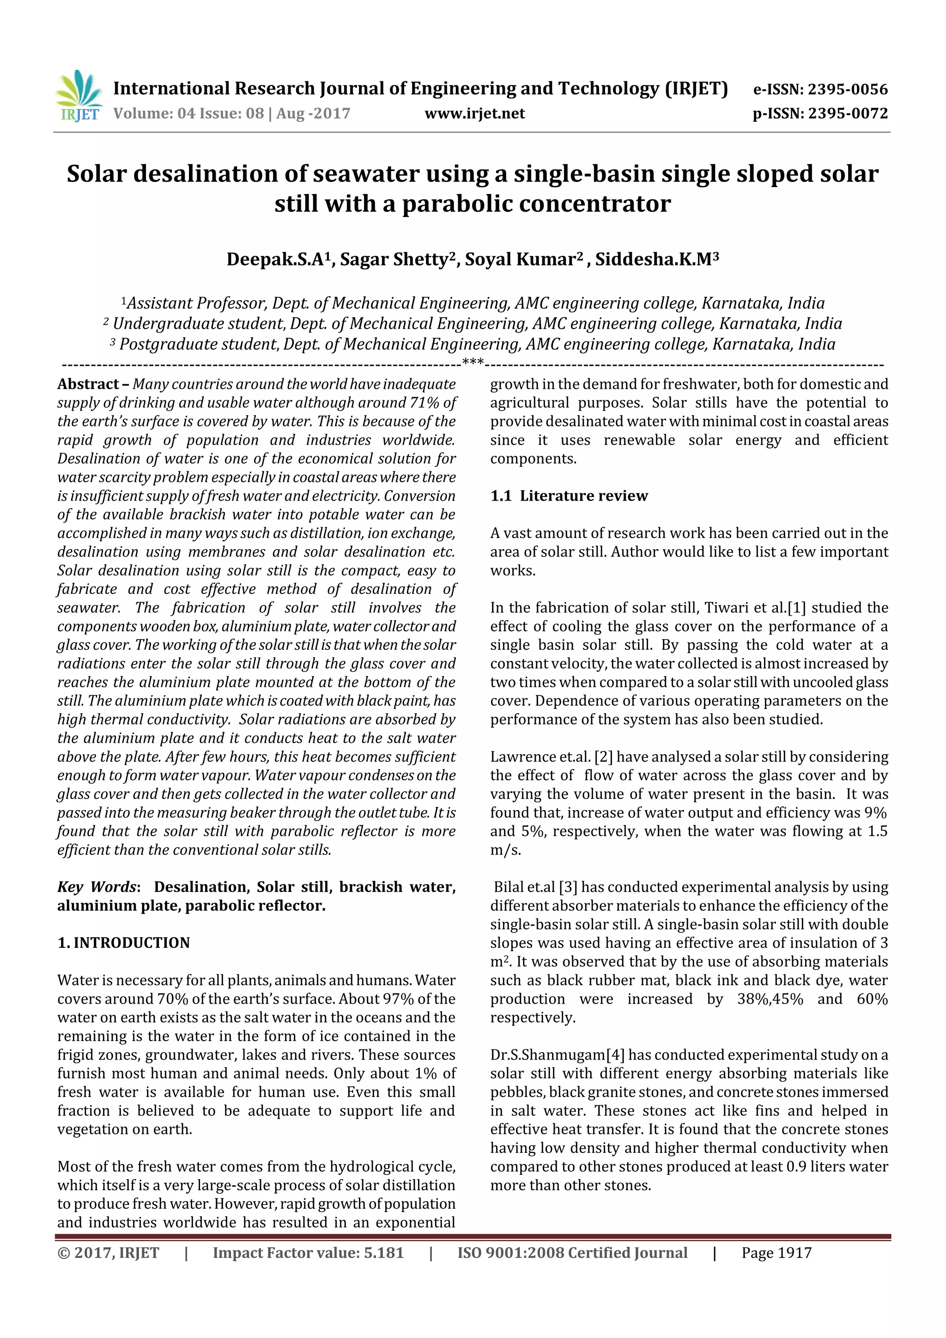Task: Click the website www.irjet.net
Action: [x=474, y=114]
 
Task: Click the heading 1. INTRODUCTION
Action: [x=124, y=943]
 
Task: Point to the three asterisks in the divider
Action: [x=472, y=363]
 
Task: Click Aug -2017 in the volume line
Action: [x=313, y=114]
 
